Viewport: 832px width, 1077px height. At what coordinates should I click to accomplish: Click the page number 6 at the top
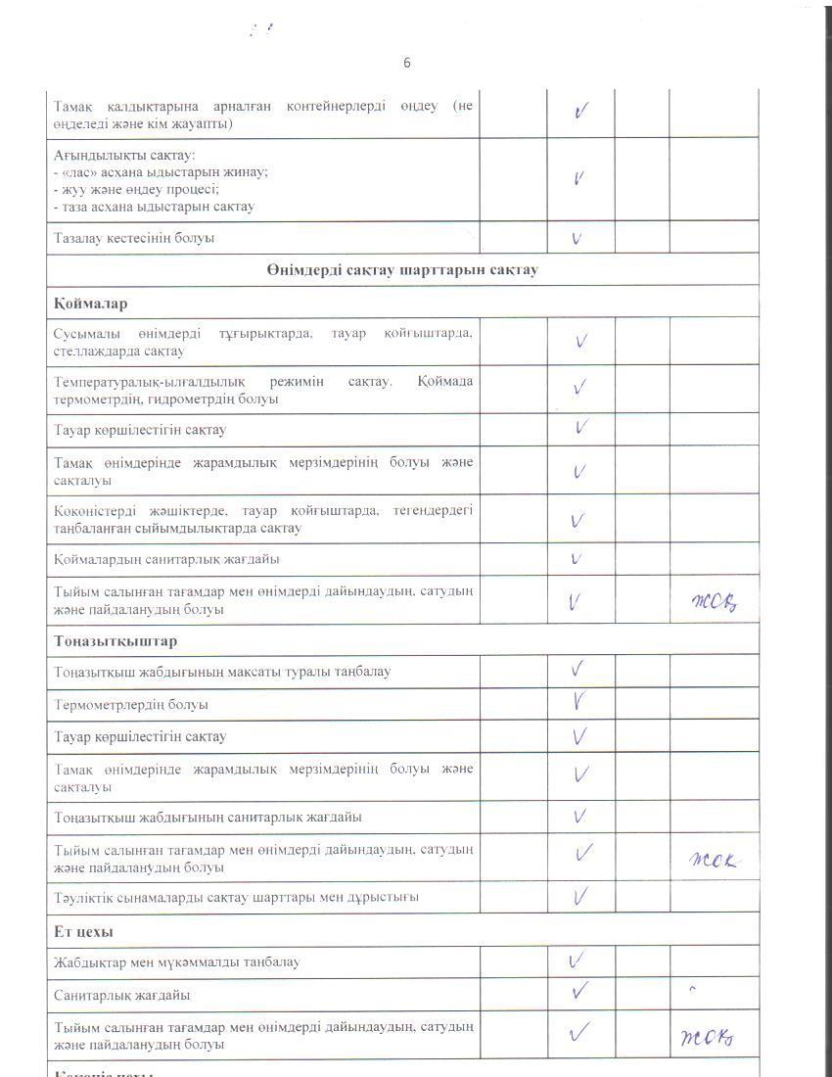[x=407, y=63]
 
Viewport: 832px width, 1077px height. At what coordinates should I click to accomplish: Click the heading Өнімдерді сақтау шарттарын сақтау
[x=401, y=270]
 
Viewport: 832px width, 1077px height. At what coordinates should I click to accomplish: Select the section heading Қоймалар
[x=91, y=303]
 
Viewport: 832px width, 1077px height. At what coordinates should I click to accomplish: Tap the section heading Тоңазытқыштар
[x=116, y=640]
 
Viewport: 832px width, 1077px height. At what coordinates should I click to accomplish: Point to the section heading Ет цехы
[x=83, y=931]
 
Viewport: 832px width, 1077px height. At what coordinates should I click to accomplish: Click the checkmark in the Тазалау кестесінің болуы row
[x=578, y=238]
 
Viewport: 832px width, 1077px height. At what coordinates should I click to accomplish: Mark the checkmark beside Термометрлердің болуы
[x=579, y=702]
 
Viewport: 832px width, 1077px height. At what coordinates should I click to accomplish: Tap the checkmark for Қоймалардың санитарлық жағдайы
[x=578, y=559]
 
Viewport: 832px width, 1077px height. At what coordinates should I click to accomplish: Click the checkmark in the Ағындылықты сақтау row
[x=579, y=179]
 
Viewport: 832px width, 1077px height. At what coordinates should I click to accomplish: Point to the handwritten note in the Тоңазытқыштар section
[x=712, y=861]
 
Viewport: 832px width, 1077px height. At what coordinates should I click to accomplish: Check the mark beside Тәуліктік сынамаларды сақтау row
[x=580, y=895]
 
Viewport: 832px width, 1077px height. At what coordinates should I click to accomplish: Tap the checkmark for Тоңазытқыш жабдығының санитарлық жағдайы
[x=579, y=816]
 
